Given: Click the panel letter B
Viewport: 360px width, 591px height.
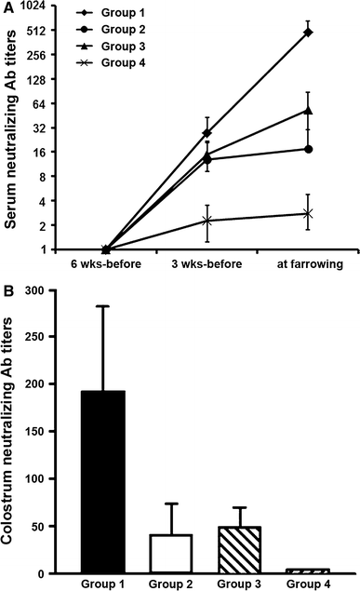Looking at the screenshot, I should (x=8, y=290).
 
